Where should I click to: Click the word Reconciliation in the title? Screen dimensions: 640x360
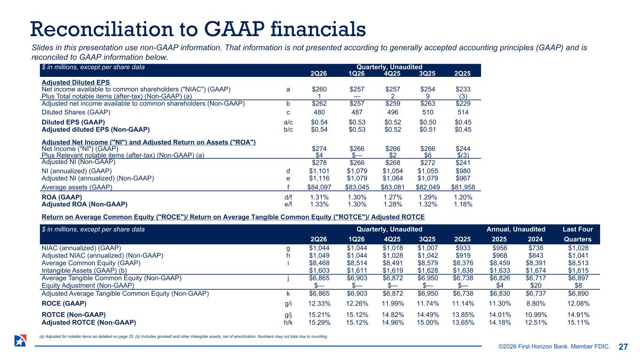[x=102, y=29]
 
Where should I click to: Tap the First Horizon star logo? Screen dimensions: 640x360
[x=20, y=341]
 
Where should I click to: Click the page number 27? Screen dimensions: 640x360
[x=623, y=347]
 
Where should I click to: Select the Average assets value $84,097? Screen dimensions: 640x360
[x=319, y=187]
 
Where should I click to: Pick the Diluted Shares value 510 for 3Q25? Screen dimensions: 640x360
[x=428, y=112]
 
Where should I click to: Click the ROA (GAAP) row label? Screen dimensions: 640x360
[x=62, y=197]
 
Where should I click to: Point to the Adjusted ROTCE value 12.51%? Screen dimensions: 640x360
[x=536, y=322]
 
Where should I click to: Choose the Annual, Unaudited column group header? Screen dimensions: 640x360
[x=516, y=229]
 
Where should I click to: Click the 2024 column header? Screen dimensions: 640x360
[x=535, y=239]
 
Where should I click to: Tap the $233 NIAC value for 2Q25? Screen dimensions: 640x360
[x=463, y=89]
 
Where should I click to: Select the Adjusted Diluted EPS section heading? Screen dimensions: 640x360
[x=75, y=82]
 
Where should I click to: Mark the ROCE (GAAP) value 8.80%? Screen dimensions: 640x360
[x=536, y=303]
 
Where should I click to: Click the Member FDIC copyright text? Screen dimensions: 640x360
[x=554, y=346]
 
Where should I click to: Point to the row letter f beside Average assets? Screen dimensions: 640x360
[x=288, y=187]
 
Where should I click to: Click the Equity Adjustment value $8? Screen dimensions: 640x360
[x=578, y=285]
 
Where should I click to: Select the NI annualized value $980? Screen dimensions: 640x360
[x=463, y=171]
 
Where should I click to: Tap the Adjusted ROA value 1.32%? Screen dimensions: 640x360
[x=428, y=204]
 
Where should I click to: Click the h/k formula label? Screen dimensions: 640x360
[x=288, y=322]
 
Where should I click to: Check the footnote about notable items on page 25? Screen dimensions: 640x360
[x=183, y=337]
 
